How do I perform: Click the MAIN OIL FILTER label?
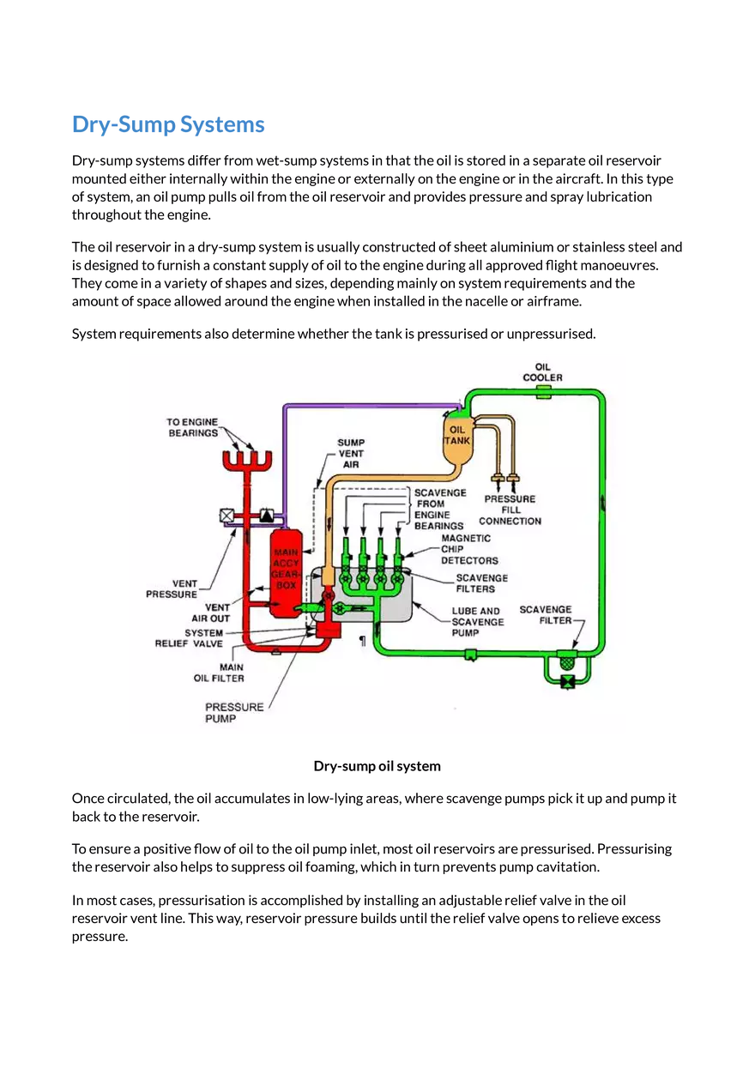pyautogui.click(x=219, y=673)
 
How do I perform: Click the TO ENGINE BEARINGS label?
pyautogui.click(x=192, y=427)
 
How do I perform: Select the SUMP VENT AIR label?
pyautogui.click(x=350, y=453)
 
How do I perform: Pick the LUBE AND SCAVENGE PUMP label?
pyautogui.click(x=477, y=621)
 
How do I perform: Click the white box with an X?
pyautogui.click(x=227, y=516)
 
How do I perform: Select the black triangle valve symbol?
pyautogui.click(x=267, y=516)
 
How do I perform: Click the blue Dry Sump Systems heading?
pyautogui.click(x=168, y=125)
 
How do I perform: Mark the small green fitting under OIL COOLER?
pyautogui.click(x=543, y=392)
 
